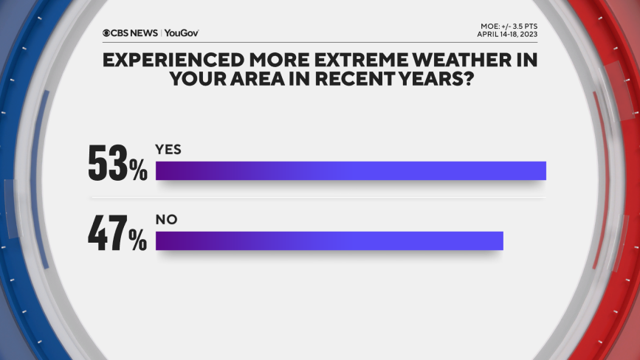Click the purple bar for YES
[351, 170]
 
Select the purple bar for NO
[329, 240]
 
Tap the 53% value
[117, 163]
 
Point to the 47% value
[117, 233]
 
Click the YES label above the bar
[168, 150]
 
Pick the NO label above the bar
[167, 220]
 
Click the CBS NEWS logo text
[134, 33]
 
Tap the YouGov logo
[182, 33]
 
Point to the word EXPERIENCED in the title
[173, 60]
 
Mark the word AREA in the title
[258, 79]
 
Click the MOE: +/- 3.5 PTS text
[509, 27]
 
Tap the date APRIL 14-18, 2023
[507, 34]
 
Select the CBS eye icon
[106, 33]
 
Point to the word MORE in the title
[279, 60]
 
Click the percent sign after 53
[138, 170]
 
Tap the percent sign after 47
[138, 240]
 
